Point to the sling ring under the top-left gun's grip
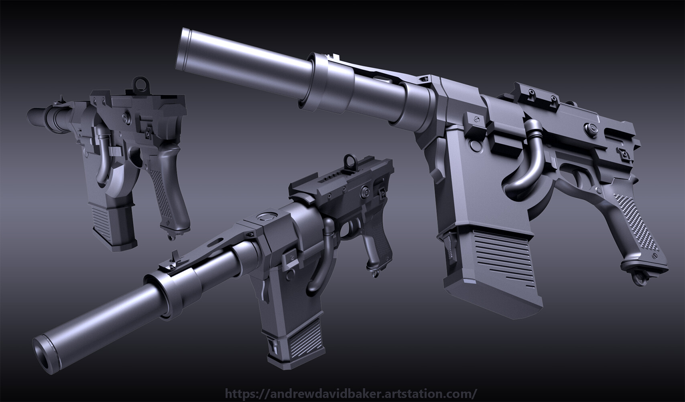click(172, 236)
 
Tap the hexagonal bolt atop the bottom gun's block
click(266, 217)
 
